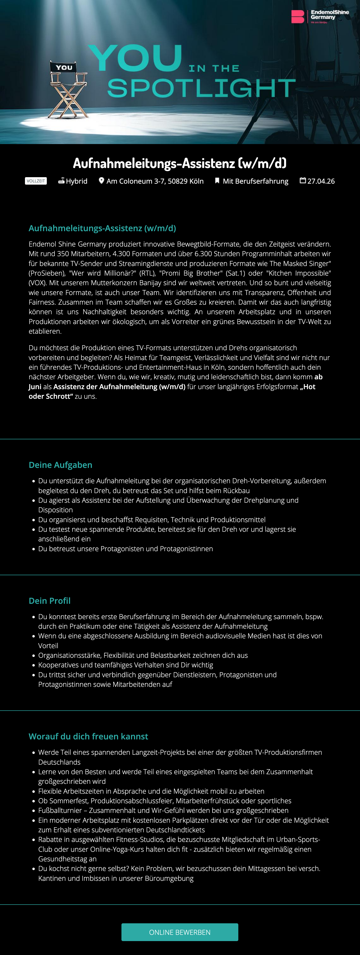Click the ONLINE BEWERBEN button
180,932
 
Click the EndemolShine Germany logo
320,17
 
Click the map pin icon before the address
101,181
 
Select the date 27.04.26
321,181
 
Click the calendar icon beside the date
303,181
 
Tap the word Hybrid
77,181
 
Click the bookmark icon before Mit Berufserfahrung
217,181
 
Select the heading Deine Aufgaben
60,465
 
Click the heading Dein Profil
50,601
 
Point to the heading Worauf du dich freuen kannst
88,736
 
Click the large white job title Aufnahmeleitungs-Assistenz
180,163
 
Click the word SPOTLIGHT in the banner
201,88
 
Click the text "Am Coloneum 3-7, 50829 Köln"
155,181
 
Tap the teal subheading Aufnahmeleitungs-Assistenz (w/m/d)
102,228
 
